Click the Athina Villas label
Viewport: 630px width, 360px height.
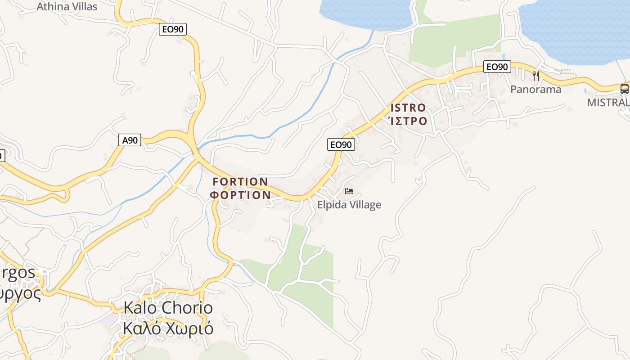coord(67,6)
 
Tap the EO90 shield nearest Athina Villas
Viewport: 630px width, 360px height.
coord(173,30)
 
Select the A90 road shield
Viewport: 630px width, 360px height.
coord(130,140)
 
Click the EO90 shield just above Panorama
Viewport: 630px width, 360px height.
coord(497,67)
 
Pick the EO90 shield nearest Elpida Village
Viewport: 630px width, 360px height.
coord(341,144)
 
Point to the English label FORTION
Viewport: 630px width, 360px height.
coord(240,182)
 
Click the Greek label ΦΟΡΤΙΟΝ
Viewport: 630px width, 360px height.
coord(240,195)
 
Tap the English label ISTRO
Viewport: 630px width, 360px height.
coord(408,108)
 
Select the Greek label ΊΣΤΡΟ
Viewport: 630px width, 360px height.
coord(408,121)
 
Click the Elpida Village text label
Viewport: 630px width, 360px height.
coord(349,205)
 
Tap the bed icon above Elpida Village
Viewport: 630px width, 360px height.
coord(349,191)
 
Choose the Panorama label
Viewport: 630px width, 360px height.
coord(535,89)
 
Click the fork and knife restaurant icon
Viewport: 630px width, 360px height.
coord(535,76)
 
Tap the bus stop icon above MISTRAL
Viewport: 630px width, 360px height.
coord(624,89)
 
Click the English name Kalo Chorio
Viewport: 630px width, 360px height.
coord(168,308)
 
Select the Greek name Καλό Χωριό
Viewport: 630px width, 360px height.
coord(168,328)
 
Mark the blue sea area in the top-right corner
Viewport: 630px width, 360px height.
coord(576,27)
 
